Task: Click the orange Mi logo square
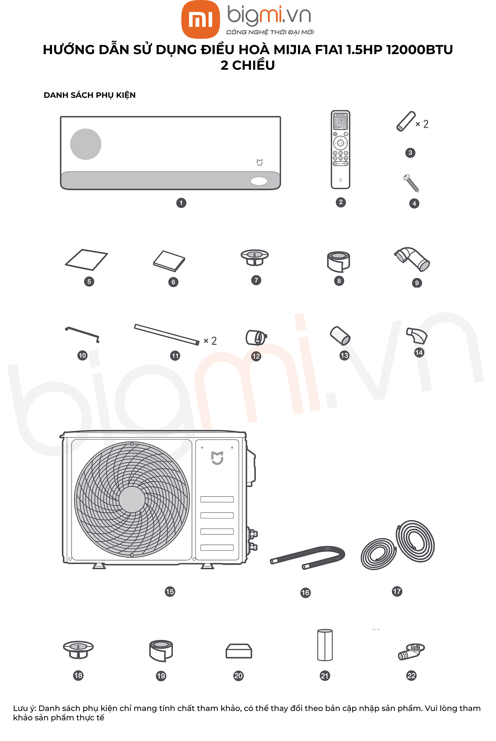pos(200,19)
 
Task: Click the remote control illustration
pos(340,149)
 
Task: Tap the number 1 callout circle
pos(181,203)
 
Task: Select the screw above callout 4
pos(411,183)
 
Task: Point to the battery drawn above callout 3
pos(406,121)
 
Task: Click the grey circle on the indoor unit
pos(86,144)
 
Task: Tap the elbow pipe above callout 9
pos(412,259)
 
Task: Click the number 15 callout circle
pos(170,592)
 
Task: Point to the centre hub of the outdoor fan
pos(132,499)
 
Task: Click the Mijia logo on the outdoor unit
pos(217,458)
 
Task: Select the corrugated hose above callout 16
pos(308,557)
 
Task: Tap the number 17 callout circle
pos(397,591)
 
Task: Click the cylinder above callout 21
pos(325,645)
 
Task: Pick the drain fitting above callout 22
pos(411,652)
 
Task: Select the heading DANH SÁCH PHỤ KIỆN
pos(90,95)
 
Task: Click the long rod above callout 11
pos(167,335)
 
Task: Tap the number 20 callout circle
pos(238,676)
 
